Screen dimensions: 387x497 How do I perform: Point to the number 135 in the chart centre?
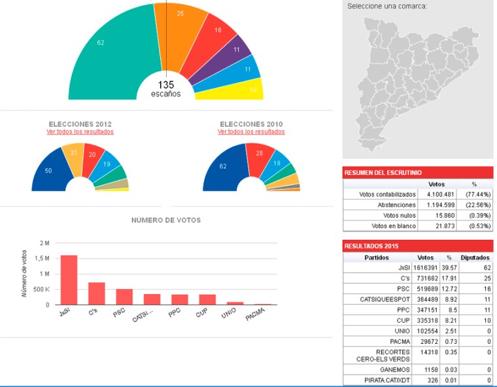165,84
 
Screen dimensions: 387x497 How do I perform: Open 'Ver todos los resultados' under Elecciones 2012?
80,131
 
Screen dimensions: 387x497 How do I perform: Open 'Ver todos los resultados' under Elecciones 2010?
251,131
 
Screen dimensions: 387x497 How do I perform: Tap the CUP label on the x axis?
203,314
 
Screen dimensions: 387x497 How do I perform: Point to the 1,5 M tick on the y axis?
43,258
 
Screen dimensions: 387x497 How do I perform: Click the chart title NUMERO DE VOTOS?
166,220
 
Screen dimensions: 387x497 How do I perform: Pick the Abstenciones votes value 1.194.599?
441,205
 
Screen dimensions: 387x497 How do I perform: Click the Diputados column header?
475,257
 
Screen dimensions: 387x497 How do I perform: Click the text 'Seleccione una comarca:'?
386,6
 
